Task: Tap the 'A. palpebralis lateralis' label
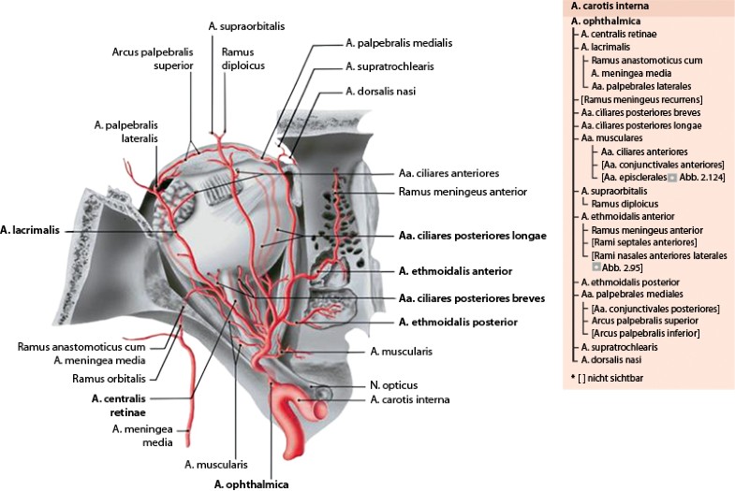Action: coord(125,130)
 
